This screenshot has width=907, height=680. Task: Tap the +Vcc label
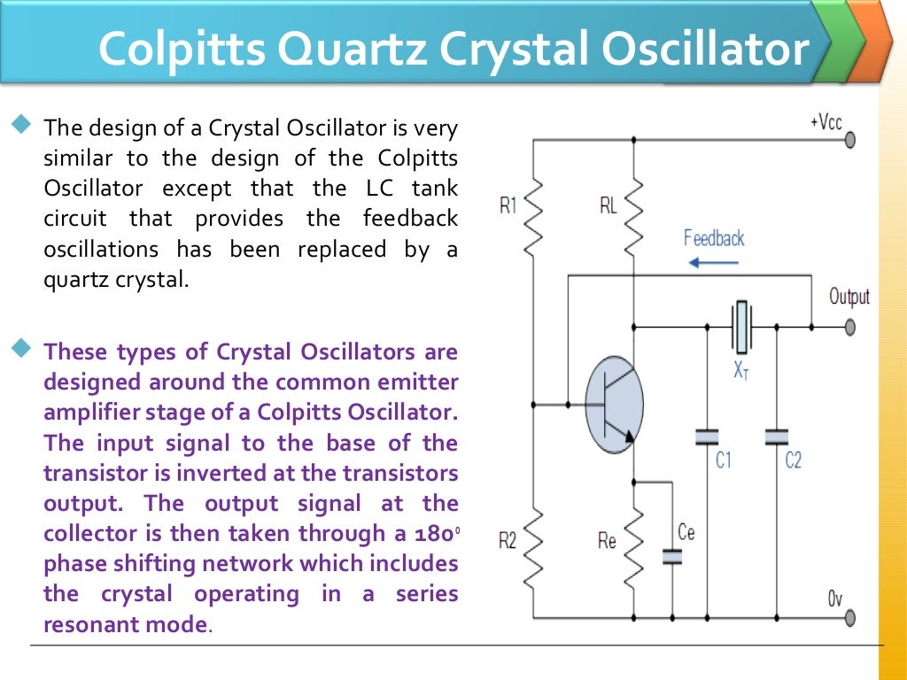coord(826,122)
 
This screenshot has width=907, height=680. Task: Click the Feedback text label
coord(714,238)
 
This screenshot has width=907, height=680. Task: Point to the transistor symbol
coord(613,405)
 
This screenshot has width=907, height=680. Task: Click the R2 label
coord(507,540)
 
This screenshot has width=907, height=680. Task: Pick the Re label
coord(607,540)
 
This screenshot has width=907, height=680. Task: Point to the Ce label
coord(686,531)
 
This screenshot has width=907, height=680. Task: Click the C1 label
coord(724,460)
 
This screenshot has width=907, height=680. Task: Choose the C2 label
coord(794,460)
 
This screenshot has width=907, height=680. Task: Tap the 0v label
coord(834,599)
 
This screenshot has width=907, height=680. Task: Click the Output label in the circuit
coord(849,297)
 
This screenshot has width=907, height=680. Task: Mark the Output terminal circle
coord(850,328)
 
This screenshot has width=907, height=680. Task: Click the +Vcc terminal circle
coord(850,140)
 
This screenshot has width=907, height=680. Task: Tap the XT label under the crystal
coord(740,370)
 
